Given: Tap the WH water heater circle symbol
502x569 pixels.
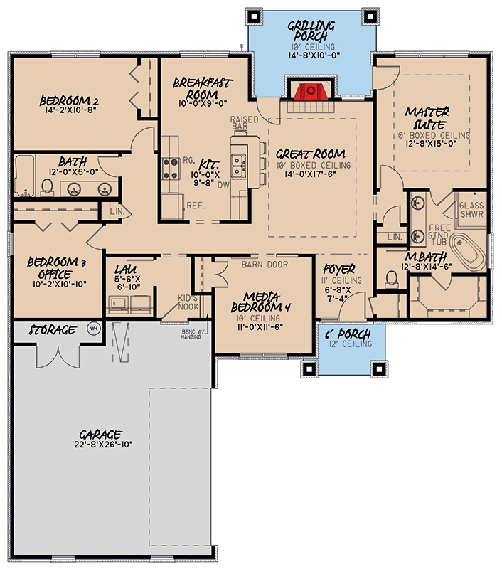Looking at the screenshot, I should (x=92, y=329).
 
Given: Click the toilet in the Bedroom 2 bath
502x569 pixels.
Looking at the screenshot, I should (x=48, y=187).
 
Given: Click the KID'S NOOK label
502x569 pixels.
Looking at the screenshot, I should (x=188, y=302).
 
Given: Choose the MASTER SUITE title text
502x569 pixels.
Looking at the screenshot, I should (x=428, y=118).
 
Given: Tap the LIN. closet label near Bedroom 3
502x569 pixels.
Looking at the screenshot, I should (x=117, y=211).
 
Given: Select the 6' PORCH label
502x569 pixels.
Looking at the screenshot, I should (x=349, y=334).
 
